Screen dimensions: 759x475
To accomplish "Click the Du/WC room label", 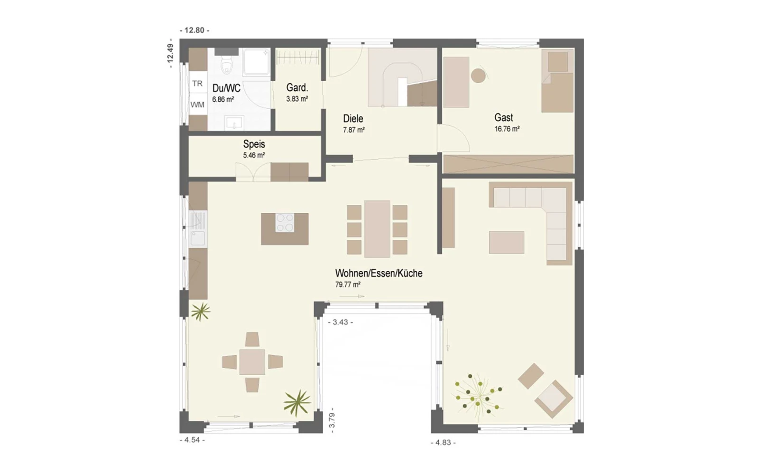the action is pyautogui.click(x=226, y=88).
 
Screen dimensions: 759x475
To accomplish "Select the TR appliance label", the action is pyautogui.click(x=197, y=84).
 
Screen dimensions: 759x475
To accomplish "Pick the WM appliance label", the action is pyautogui.click(x=197, y=104).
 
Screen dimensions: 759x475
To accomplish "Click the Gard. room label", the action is pyautogui.click(x=297, y=87).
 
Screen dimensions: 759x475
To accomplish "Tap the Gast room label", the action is pyautogui.click(x=503, y=117).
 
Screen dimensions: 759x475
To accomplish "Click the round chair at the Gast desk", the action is pyautogui.click(x=478, y=76).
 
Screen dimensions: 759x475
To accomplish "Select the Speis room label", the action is pyautogui.click(x=254, y=144).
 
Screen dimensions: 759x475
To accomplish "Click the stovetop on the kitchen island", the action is pyautogui.click(x=285, y=223).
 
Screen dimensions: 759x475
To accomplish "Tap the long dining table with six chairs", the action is pyautogui.click(x=377, y=229).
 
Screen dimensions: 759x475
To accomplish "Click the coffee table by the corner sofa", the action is pyautogui.click(x=507, y=243).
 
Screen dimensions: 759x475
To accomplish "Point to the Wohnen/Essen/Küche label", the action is pyautogui.click(x=379, y=273).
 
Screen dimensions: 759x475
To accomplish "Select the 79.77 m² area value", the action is pyautogui.click(x=348, y=285).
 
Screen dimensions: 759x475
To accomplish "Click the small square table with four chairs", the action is pyautogui.click(x=252, y=362).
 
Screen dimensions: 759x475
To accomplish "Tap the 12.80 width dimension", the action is pyautogui.click(x=194, y=30).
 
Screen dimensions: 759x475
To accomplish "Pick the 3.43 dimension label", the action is pyautogui.click(x=341, y=323).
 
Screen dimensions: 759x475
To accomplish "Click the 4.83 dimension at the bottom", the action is pyautogui.click(x=443, y=443).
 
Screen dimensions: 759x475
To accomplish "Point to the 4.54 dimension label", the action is pyautogui.click(x=192, y=440).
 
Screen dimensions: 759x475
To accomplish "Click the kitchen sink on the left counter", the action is pyautogui.click(x=197, y=238).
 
